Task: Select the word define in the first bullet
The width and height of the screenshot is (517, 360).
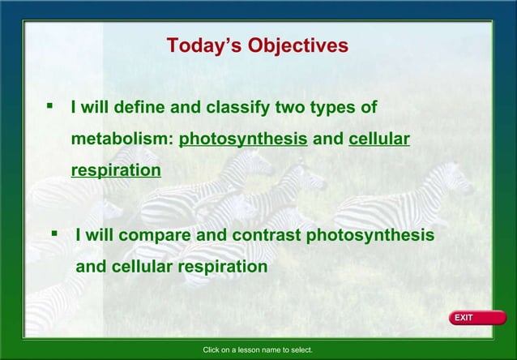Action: (139, 107)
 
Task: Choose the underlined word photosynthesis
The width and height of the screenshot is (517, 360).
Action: (243, 139)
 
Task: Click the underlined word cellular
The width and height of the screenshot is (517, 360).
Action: (379, 139)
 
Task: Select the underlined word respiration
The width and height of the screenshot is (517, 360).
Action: (116, 170)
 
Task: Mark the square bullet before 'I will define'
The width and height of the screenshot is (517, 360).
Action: (50, 105)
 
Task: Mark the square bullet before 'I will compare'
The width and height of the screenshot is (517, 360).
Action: (54, 233)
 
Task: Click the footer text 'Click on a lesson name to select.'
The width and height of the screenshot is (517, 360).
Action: (258, 350)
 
